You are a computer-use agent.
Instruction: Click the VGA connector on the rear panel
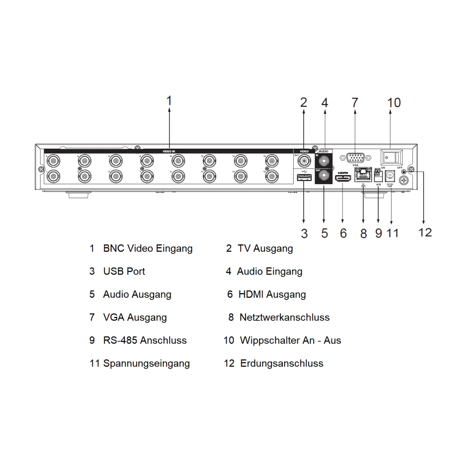[355, 158]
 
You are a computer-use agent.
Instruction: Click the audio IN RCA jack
[324, 161]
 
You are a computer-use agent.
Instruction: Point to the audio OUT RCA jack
[324, 176]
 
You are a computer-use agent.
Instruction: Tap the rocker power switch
[392, 158]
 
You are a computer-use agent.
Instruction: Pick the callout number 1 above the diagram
[169, 101]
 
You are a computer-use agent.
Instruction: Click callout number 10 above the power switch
[394, 103]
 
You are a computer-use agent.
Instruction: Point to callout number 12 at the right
[425, 232]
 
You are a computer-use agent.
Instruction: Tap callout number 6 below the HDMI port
[343, 233]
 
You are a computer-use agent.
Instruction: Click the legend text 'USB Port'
[124, 271]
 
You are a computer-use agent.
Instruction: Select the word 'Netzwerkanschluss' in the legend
[284, 317]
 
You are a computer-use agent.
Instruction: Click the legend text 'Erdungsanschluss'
[281, 363]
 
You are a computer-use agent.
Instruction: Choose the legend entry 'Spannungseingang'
[146, 363]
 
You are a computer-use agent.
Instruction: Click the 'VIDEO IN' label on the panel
[169, 150]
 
